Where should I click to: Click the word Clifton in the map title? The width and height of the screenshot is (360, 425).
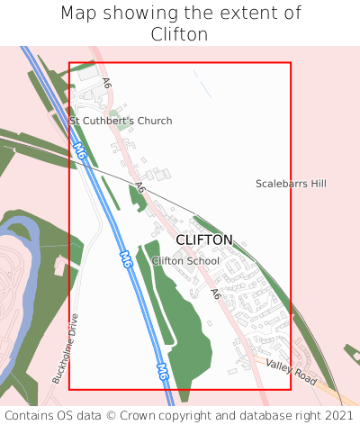click(x=180, y=34)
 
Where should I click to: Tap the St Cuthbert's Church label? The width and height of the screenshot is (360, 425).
click(x=121, y=121)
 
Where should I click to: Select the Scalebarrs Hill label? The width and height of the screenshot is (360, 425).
click(x=291, y=184)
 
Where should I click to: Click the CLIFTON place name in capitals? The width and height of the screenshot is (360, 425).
click(x=204, y=240)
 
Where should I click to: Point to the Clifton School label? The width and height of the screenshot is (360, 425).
click(x=185, y=261)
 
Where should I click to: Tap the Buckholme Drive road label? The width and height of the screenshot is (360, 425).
click(x=63, y=348)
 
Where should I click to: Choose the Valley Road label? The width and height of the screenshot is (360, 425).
click(x=292, y=371)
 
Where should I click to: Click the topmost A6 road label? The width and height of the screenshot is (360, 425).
click(x=107, y=84)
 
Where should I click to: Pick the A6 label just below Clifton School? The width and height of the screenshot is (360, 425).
click(x=215, y=294)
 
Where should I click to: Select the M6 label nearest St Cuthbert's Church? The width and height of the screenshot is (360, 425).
click(x=80, y=151)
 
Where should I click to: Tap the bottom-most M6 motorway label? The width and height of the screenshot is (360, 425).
click(x=163, y=370)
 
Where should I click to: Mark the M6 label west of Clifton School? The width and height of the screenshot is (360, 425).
click(x=126, y=259)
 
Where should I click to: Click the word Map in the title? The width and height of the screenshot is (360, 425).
click(x=79, y=13)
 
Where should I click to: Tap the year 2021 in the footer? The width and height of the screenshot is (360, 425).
click(x=337, y=415)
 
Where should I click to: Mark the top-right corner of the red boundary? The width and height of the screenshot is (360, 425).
click(x=291, y=63)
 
